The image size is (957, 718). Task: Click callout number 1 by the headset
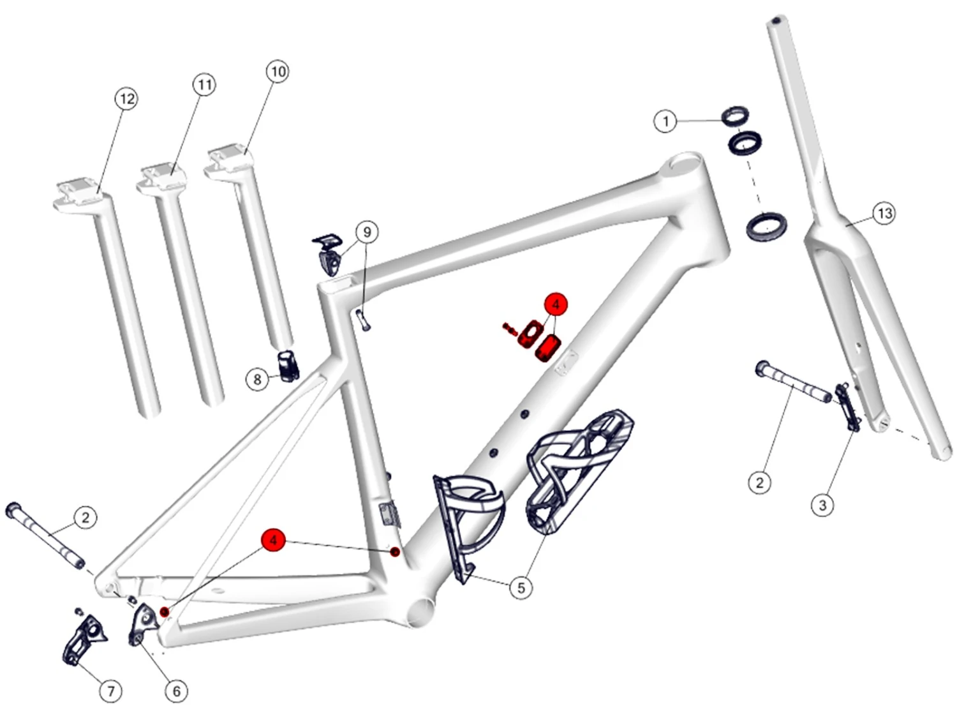665,121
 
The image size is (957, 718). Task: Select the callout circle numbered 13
884,213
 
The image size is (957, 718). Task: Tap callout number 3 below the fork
822,505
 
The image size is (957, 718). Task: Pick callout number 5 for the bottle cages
521,588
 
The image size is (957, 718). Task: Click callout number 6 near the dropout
176,691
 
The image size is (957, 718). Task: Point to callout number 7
111,691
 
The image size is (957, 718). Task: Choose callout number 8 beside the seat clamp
257,380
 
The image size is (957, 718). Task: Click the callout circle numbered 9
367,232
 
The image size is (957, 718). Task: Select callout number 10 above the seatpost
278,71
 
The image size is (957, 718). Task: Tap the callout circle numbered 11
204,85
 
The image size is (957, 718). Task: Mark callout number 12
127,99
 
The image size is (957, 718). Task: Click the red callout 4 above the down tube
556,304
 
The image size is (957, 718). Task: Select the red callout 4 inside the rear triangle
273,541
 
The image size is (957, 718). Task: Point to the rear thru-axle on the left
45,536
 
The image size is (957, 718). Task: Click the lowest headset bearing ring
766,225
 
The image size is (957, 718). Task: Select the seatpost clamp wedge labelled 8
288,365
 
